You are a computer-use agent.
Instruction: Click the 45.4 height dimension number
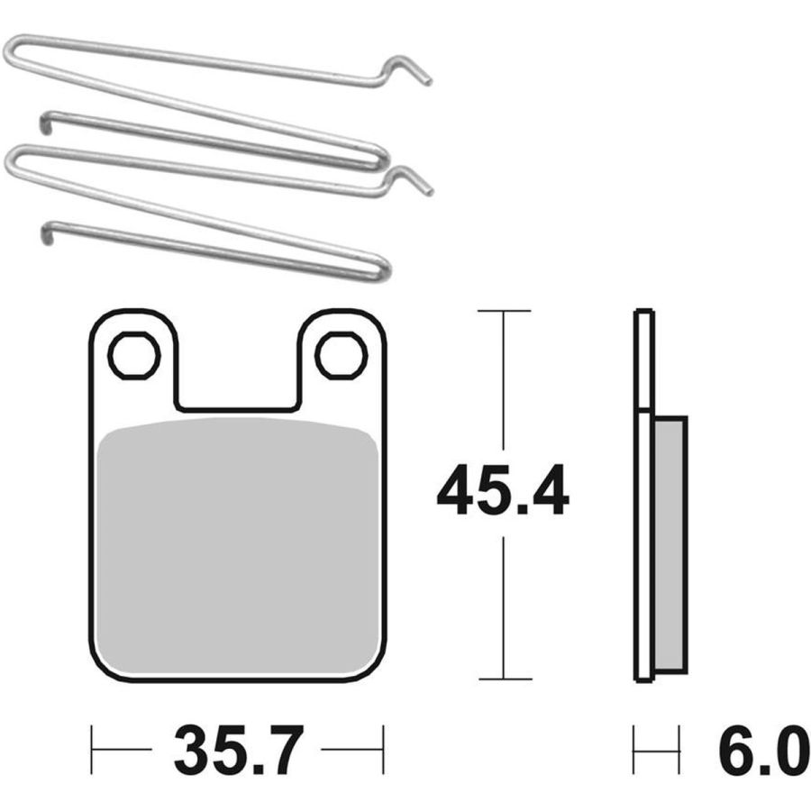coord(503,490)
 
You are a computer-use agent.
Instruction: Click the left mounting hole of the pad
coord(134,356)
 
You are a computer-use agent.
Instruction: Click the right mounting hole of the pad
coord(342,356)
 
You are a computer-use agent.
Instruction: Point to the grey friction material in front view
coord(237,547)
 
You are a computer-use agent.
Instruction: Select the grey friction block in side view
coord(670,544)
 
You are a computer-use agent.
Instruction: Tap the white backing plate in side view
coord(644,496)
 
